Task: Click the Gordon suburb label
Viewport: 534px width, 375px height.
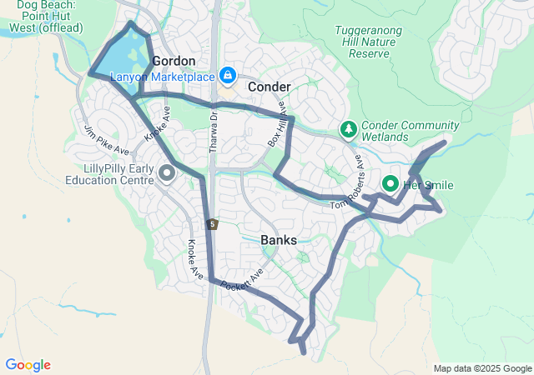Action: tap(174, 61)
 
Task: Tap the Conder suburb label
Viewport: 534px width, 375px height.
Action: tap(269, 87)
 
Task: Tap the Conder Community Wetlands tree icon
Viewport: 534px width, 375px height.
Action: tap(348, 130)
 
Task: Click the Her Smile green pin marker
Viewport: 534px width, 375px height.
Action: tap(390, 184)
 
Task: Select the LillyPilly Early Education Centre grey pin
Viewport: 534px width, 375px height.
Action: tap(165, 173)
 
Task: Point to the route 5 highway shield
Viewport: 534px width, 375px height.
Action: tap(214, 224)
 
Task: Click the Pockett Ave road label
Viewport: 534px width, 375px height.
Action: tap(243, 279)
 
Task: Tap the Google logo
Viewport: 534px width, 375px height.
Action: tap(28, 365)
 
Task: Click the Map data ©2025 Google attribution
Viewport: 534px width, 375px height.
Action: tap(482, 369)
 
